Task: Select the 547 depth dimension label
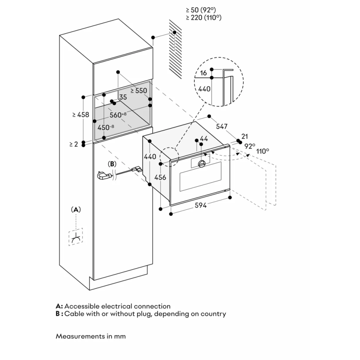[x=222, y=126]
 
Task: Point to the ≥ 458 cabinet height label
[x=81, y=115]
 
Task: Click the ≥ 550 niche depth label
[x=139, y=91]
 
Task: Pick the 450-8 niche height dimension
[x=106, y=127]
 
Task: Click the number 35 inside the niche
[x=123, y=97]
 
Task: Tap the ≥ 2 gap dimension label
[x=73, y=144]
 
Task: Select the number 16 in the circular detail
[x=203, y=73]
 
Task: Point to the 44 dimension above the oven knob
[x=204, y=139]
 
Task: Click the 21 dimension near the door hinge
[x=245, y=136]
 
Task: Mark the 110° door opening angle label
[x=263, y=151]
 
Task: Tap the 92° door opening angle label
[x=249, y=146]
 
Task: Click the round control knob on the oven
[x=202, y=164]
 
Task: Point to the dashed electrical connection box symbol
[x=76, y=237]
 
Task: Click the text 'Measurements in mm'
[x=91, y=336]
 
